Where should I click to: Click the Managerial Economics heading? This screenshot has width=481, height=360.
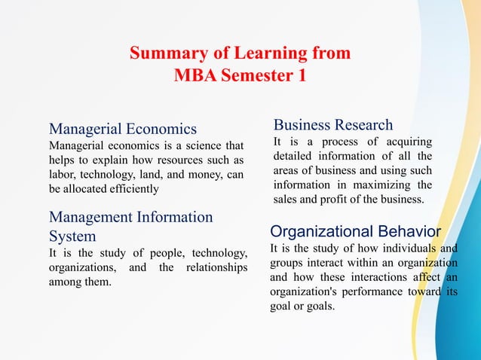click(x=123, y=129)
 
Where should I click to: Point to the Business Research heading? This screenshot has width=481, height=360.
click(x=332, y=125)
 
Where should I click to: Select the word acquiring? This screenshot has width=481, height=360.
click(x=407, y=142)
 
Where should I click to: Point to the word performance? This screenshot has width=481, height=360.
click(x=367, y=292)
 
